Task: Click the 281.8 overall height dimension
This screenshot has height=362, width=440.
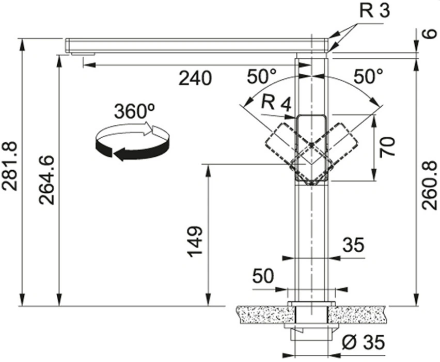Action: tap(10, 166)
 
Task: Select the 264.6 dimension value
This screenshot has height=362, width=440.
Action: tap(46, 180)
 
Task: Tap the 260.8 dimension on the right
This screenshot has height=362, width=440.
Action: tap(429, 185)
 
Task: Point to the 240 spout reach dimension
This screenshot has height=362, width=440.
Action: tap(195, 78)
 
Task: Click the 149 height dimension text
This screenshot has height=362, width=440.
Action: tap(195, 241)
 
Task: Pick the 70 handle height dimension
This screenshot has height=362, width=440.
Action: tap(387, 147)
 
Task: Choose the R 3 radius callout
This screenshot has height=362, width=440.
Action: tap(374, 11)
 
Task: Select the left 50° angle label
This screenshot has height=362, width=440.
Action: tap(261, 76)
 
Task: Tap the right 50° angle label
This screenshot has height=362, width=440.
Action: tap(368, 76)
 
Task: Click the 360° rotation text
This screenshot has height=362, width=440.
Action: tap(135, 111)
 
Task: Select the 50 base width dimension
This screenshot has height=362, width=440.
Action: tap(263, 276)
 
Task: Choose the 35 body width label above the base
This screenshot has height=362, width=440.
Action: tap(353, 244)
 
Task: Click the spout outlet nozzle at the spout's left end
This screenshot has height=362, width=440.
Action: tap(82, 53)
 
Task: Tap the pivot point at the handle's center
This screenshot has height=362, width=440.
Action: tap(311, 144)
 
